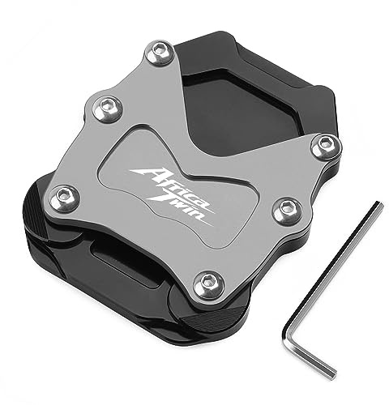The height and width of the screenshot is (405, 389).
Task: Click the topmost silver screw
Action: pos(163,52)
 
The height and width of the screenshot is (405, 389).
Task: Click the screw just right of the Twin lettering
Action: pos(287,210)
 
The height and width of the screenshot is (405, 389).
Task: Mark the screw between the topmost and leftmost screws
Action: pos(108,108)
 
